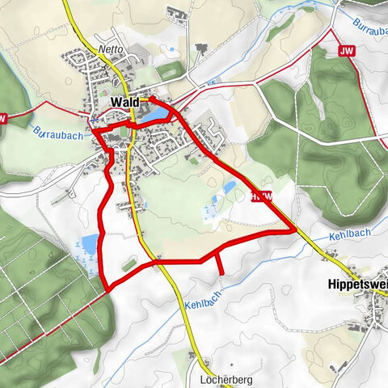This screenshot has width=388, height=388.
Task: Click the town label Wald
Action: [x=124, y=103]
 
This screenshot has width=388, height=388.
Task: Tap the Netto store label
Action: [x=111, y=48]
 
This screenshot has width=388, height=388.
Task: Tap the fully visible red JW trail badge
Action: [x=347, y=51]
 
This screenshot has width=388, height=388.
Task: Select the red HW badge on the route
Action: [x=260, y=196]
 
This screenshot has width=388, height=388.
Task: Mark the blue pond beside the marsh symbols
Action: [x=89, y=242]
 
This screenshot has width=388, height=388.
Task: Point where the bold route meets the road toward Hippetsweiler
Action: [x=294, y=230]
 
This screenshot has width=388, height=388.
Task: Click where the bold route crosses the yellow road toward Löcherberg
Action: [x=159, y=261]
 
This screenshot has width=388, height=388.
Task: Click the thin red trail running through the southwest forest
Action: [x=48, y=327]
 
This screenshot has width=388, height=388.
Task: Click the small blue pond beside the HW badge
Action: [x=230, y=188]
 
